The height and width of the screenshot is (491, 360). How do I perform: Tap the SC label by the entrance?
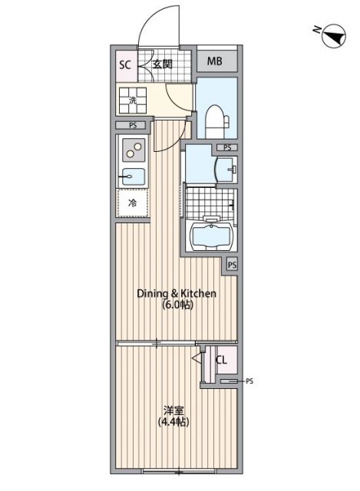click(x=125, y=64)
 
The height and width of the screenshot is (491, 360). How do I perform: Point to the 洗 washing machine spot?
click(x=133, y=100)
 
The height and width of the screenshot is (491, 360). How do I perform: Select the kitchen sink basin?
click(x=132, y=176)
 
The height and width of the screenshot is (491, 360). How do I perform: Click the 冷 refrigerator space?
click(x=132, y=203)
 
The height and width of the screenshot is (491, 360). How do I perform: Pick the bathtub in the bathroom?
click(x=211, y=235)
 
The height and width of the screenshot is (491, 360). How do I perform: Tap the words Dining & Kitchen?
click(x=176, y=293)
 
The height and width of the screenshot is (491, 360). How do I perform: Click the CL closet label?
click(x=221, y=360)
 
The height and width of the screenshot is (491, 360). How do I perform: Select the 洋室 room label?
click(x=173, y=410)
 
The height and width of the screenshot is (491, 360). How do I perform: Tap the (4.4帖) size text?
click(x=173, y=422)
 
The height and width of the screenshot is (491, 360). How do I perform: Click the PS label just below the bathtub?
click(x=232, y=265)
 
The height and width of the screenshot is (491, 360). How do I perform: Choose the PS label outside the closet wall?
click(x=249, y=381)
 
